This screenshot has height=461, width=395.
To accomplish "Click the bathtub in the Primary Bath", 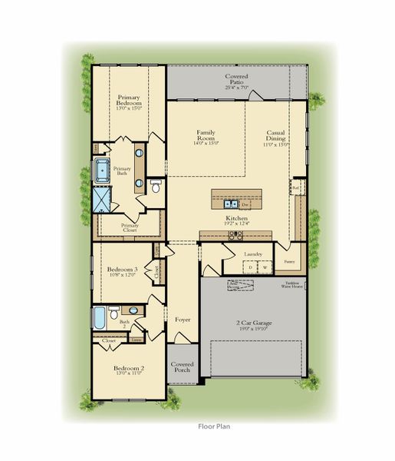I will coord(100,171).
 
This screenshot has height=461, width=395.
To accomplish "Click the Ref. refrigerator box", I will coord(295,187).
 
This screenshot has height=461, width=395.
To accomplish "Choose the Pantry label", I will coord(289,262).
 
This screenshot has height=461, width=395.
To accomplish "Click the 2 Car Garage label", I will coord(252,323).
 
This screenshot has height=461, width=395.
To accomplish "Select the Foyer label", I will coord(182,318).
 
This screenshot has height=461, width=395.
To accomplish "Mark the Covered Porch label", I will coord(183,367).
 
